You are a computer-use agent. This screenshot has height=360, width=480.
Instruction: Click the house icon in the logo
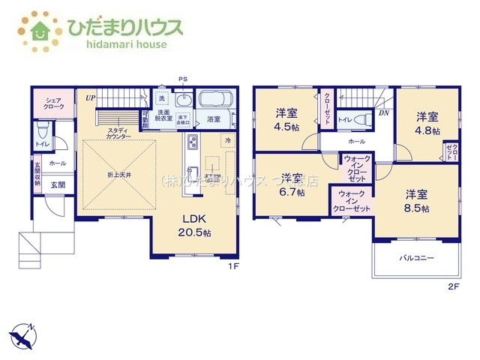point(39,29)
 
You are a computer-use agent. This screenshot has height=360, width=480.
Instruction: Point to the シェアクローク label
point(53,103)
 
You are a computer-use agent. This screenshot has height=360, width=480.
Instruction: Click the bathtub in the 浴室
point(216,100)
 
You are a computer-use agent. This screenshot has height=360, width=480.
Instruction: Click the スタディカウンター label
point(118,133)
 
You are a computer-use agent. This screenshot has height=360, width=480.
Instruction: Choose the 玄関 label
point(57,184)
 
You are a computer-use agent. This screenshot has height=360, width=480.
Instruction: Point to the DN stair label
point(383,113)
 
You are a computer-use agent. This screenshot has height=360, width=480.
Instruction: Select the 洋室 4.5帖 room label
point(286,119)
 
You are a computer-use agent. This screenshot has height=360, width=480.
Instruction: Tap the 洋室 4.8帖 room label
point(427,121)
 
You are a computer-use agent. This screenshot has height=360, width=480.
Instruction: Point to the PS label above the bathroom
point(182,78)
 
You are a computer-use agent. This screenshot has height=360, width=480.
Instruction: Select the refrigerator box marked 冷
point(226,140)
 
